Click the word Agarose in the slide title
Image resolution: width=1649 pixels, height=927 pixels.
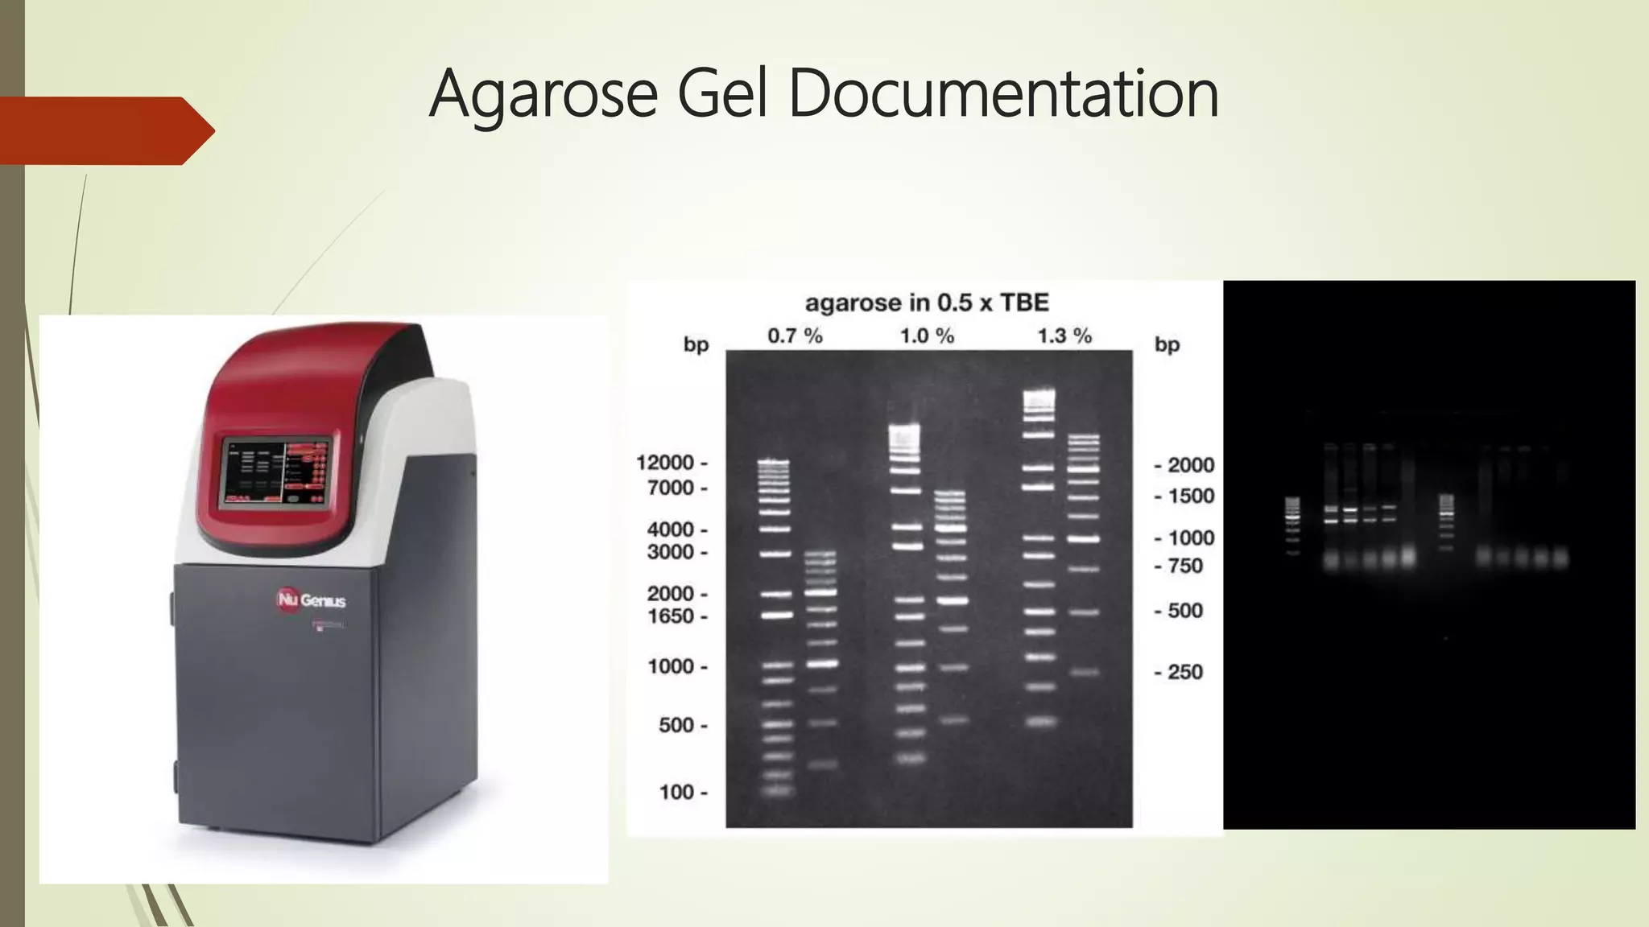pos(543,95)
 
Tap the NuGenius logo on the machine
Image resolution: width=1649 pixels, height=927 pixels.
pos(311,600)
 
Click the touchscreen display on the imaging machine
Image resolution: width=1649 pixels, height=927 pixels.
pos(275,474)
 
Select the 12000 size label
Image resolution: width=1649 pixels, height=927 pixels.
pos(665,463)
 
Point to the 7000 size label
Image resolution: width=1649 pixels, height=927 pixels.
pos(671,488)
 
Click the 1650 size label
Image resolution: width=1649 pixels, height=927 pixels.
pos(671,616)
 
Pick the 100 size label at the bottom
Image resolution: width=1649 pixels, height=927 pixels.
pos(676,793)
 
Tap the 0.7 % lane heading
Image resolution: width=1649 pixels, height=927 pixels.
pos(795,336)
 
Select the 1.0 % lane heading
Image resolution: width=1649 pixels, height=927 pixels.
pos(927,336)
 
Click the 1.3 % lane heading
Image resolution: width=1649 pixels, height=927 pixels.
pos(1064,336)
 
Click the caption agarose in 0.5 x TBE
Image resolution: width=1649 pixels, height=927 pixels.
pos(927,303)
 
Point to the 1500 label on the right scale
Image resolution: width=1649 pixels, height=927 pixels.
pos(1191,496)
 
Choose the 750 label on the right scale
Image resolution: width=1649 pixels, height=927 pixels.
pos(1185,566)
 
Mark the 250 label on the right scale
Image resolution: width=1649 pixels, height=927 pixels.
pos(1185,672)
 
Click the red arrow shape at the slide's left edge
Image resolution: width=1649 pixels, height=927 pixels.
pos(105,130)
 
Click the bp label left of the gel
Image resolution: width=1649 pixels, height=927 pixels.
pos(696,345)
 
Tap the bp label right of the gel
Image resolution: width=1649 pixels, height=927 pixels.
pos(1167,345)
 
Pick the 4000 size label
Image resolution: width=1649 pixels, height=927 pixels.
pos(671,529)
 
